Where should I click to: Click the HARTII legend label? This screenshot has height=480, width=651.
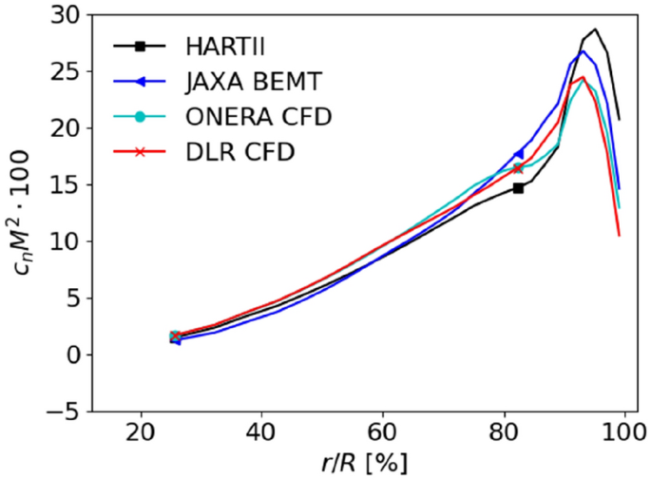pos(220,45)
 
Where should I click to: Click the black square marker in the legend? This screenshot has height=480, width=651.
pos(139,45)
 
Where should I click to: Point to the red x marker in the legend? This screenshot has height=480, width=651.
pos(139,152)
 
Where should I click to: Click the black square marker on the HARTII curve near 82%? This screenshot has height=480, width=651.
pos(518,188)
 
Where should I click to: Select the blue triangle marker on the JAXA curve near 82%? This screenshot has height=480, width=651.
pos(518,154)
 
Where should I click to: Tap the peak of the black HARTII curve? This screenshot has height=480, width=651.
pos(596,29)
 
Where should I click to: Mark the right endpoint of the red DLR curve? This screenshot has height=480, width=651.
pos(620,235)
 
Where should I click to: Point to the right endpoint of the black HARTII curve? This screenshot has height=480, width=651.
pos(620,120)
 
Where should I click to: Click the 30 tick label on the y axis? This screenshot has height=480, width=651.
pos(66,14)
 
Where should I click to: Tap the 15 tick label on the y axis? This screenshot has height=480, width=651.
pos(66,184)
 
